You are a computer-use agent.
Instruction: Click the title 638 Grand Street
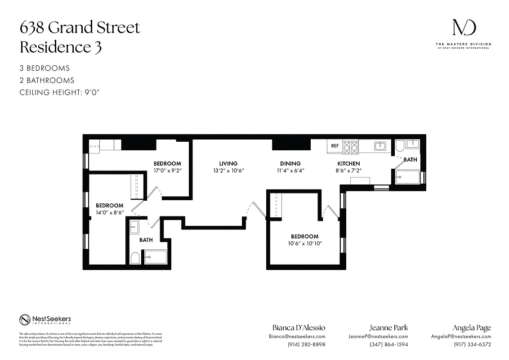80,28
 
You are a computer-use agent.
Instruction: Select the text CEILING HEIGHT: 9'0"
59,92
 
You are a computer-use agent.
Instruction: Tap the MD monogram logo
463,28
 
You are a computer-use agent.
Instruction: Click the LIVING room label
228,163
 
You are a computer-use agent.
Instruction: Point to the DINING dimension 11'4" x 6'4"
288,171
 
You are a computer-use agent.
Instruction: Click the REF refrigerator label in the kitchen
335,146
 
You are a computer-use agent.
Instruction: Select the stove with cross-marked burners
351,146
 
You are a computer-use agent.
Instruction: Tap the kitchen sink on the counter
380,145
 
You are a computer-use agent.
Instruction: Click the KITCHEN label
348,163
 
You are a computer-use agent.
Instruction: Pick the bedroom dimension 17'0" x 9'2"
167,171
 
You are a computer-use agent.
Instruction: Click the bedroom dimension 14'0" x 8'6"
109,212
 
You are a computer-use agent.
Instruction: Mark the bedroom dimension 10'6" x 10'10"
304,243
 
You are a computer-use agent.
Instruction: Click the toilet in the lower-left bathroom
134,258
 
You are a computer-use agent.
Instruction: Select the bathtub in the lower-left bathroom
156,257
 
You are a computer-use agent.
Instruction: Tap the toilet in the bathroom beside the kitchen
399,145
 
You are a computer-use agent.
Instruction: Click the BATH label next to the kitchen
410,159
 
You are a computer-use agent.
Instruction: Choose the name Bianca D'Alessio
299,328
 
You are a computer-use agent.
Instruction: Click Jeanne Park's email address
378,336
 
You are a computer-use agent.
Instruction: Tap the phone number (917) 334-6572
472,345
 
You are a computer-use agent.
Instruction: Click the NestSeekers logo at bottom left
45,319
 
